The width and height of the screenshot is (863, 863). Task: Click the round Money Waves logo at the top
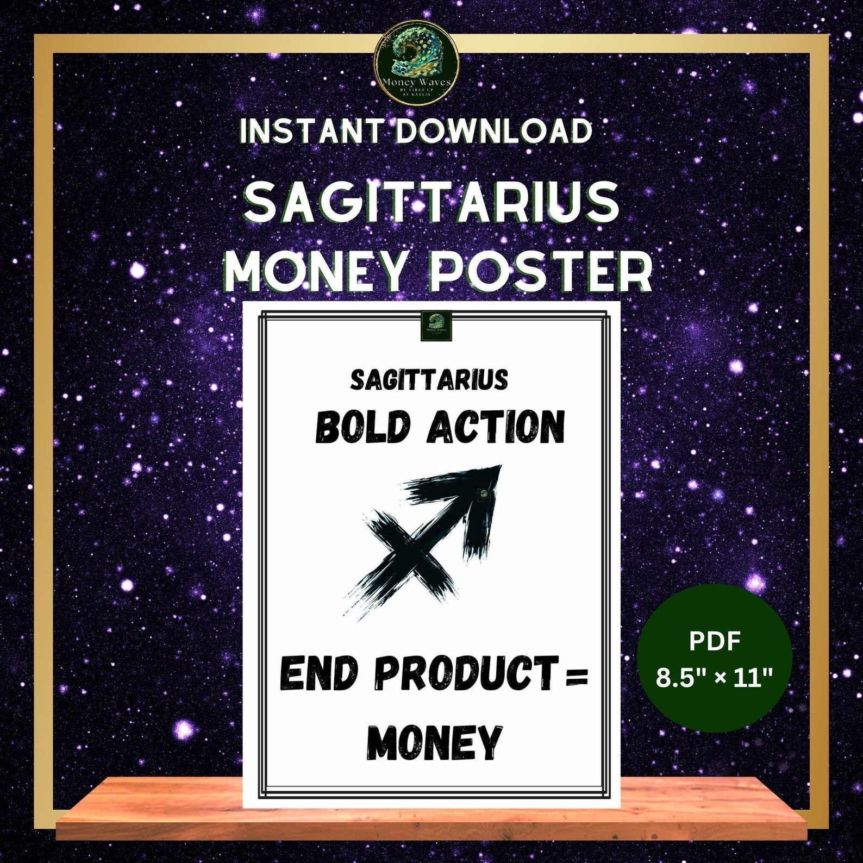pos(416,64)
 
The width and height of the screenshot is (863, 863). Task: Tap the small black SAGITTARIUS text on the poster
pos(429,380)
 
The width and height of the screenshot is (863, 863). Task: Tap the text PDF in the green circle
pos(715,642)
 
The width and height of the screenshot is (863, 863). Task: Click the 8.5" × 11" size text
pos(715,679)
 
